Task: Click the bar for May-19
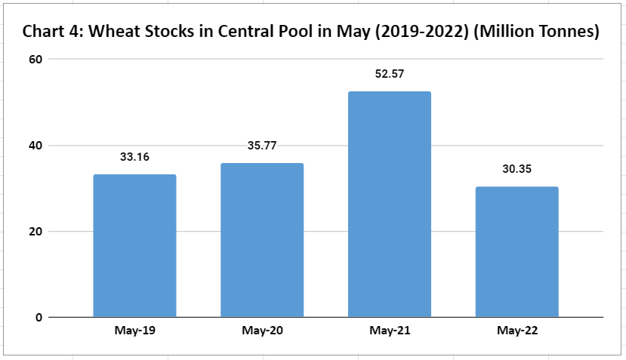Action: coord(134,246)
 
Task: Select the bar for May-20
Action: coord(262,240)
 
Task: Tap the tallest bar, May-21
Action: coord(390,205)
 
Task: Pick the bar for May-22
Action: coord(517,252)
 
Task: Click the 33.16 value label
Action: coord(134,158)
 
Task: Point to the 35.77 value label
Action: coord(262,146)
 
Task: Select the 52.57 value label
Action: coord(390,74)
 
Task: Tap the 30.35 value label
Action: coord(517,169)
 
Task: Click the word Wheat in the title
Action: coord(114,32)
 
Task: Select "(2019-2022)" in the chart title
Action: coord(421,32)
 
